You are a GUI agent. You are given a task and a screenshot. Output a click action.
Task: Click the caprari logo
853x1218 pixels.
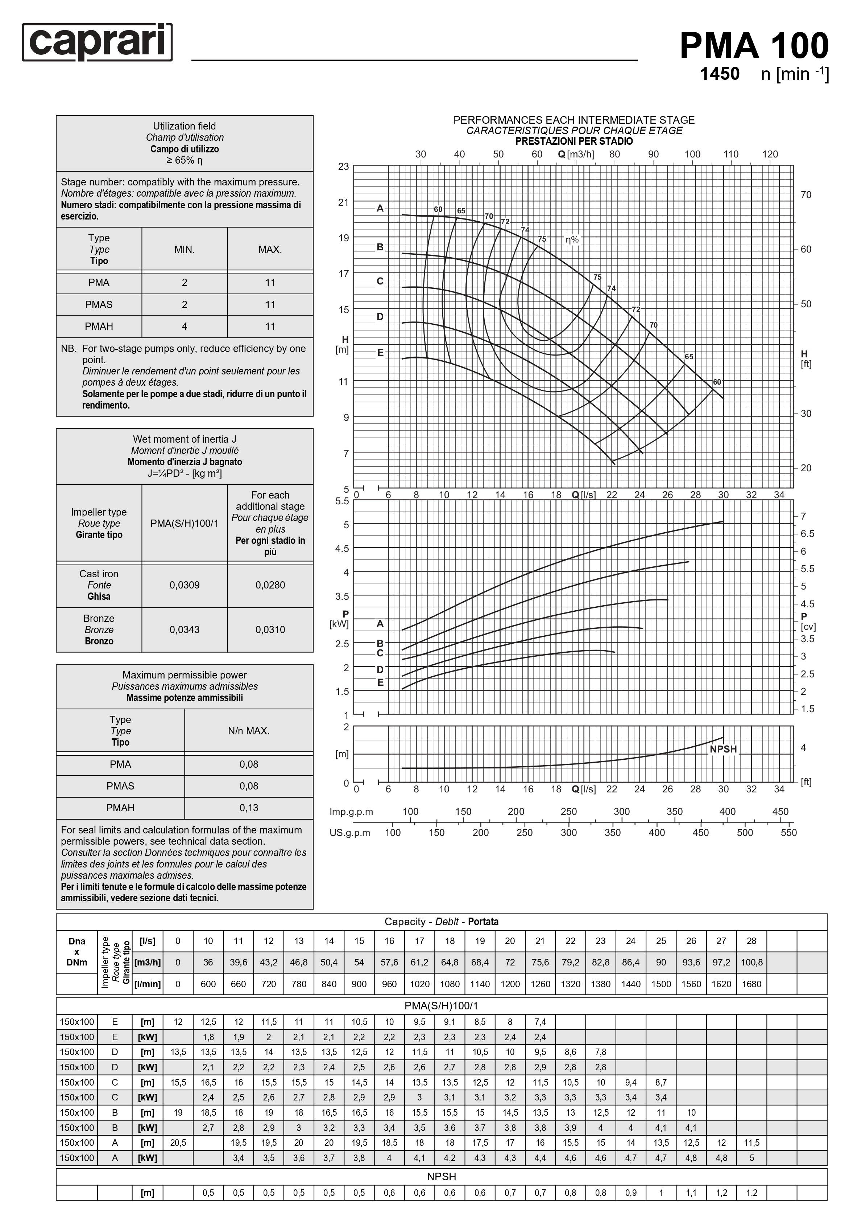(98, 42)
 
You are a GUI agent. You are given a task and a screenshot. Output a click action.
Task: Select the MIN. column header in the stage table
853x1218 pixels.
(185, 249)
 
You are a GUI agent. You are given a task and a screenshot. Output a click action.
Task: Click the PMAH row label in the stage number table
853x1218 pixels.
(99, 326)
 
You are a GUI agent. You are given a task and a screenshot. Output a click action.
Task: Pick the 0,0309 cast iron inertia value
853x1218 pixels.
(185, 585)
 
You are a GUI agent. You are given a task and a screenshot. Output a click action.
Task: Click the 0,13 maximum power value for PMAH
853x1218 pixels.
(249, 807)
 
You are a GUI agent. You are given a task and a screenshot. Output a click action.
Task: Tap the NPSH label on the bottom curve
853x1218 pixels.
(723, 749)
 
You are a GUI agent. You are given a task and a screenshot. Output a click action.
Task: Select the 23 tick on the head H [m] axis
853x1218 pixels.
(344, 167)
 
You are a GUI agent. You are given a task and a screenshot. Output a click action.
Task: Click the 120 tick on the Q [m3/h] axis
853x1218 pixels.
(770, 154)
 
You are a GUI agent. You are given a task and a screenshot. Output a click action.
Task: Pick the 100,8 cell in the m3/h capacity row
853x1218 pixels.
(751, 962)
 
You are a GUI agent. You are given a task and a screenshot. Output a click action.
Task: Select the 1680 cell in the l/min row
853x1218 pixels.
(751, 984)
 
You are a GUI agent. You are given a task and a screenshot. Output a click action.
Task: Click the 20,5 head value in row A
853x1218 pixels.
(178, 1143)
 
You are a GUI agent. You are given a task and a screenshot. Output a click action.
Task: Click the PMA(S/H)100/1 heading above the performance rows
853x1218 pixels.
(441, 1006)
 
